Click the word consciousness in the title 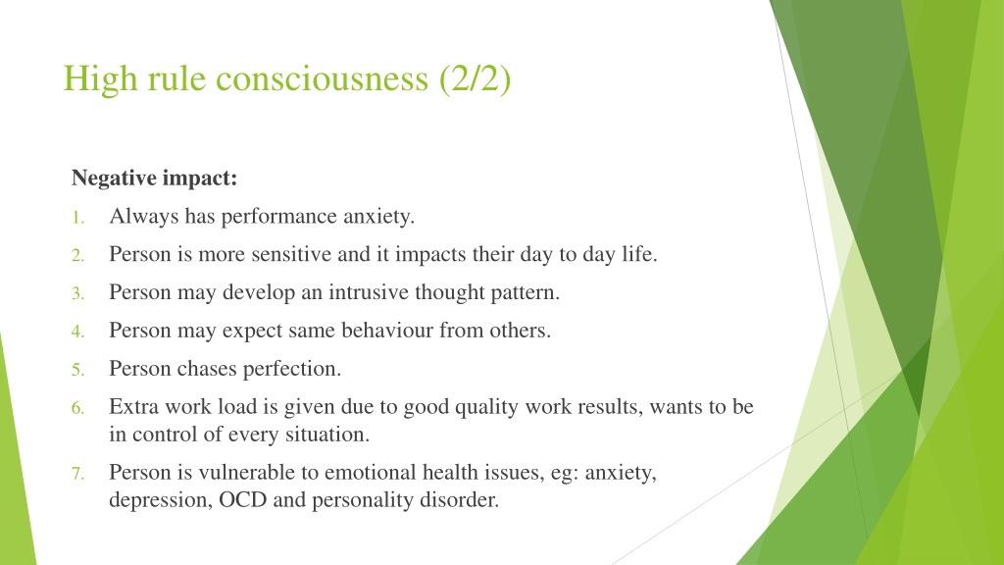[322, 78]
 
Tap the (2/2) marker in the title [476, 78]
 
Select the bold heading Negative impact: [154, 178]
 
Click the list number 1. [77, 218]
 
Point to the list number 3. [77, 293]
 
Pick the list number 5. [77, 370]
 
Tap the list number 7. [77, 474]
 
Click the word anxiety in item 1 [378, 217]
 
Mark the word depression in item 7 [161, 500]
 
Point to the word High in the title [101, 78]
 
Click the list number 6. [77, 408]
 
